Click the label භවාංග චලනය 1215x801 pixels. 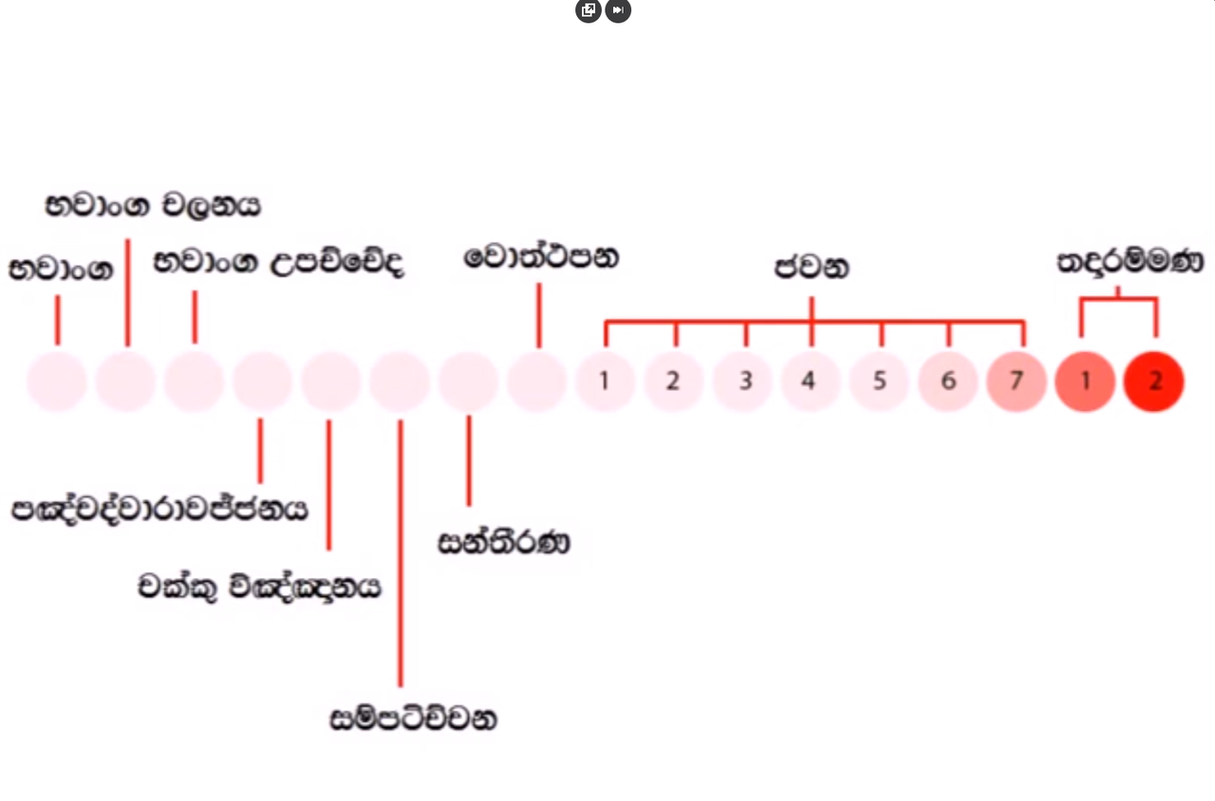coord(153,206)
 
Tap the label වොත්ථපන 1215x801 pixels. coord(541,256)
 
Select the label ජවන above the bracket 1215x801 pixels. coord(812,268)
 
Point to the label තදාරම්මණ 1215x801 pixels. coord(1131,262)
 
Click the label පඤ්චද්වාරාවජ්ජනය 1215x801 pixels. coord(159,510)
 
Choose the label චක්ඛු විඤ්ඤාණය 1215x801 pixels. coord(259,587)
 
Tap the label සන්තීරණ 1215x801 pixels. coord(504,542)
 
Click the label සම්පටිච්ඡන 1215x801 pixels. coord(413,718)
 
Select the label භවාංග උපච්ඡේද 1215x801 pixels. coord(279,263)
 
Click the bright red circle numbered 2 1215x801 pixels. coord(1153,382)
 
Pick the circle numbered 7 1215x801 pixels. coord(1016,382)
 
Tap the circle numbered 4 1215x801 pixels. coord(810,382)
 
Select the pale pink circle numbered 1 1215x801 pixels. coord(605,382)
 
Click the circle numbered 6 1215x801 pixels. coord(947,382)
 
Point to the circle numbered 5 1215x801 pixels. coord(879,382)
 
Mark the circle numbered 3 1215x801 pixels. coord(741,382)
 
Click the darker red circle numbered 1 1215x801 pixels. coord(1085,382)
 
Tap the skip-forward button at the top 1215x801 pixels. coord(618,9)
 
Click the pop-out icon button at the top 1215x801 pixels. coord(589,9)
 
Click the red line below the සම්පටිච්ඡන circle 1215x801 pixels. coord(401,553)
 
